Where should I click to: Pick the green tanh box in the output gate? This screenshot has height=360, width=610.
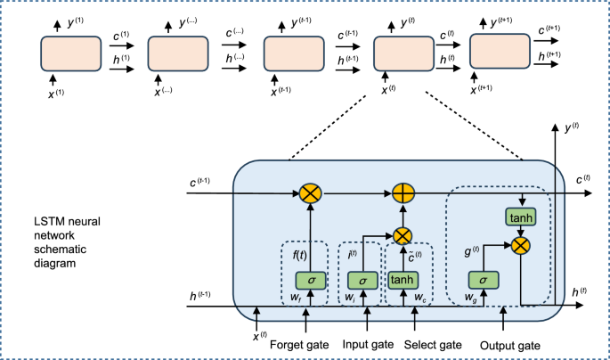[517, 217]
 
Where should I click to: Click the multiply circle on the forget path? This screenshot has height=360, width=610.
[311, 191]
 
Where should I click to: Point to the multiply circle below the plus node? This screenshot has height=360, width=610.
[402, 235]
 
